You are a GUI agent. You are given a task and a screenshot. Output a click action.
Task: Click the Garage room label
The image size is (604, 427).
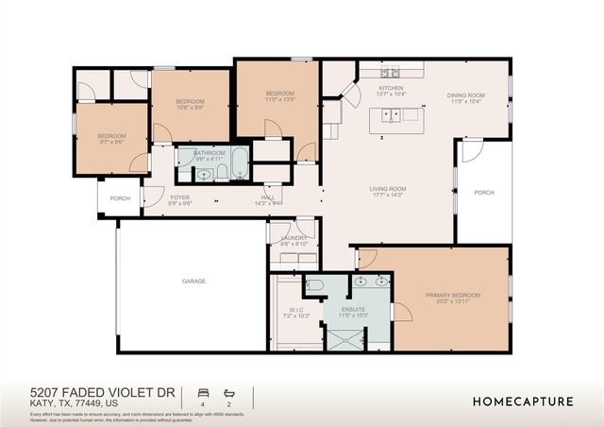(194, 281)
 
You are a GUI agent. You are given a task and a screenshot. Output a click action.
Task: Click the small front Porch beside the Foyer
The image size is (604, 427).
(120, 198)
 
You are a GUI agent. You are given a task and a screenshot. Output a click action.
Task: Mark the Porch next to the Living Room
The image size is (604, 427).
(484, 193)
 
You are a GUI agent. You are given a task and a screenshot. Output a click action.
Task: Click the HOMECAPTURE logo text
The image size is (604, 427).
(523, 401)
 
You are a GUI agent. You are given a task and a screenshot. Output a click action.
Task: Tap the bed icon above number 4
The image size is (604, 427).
(201, 391)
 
